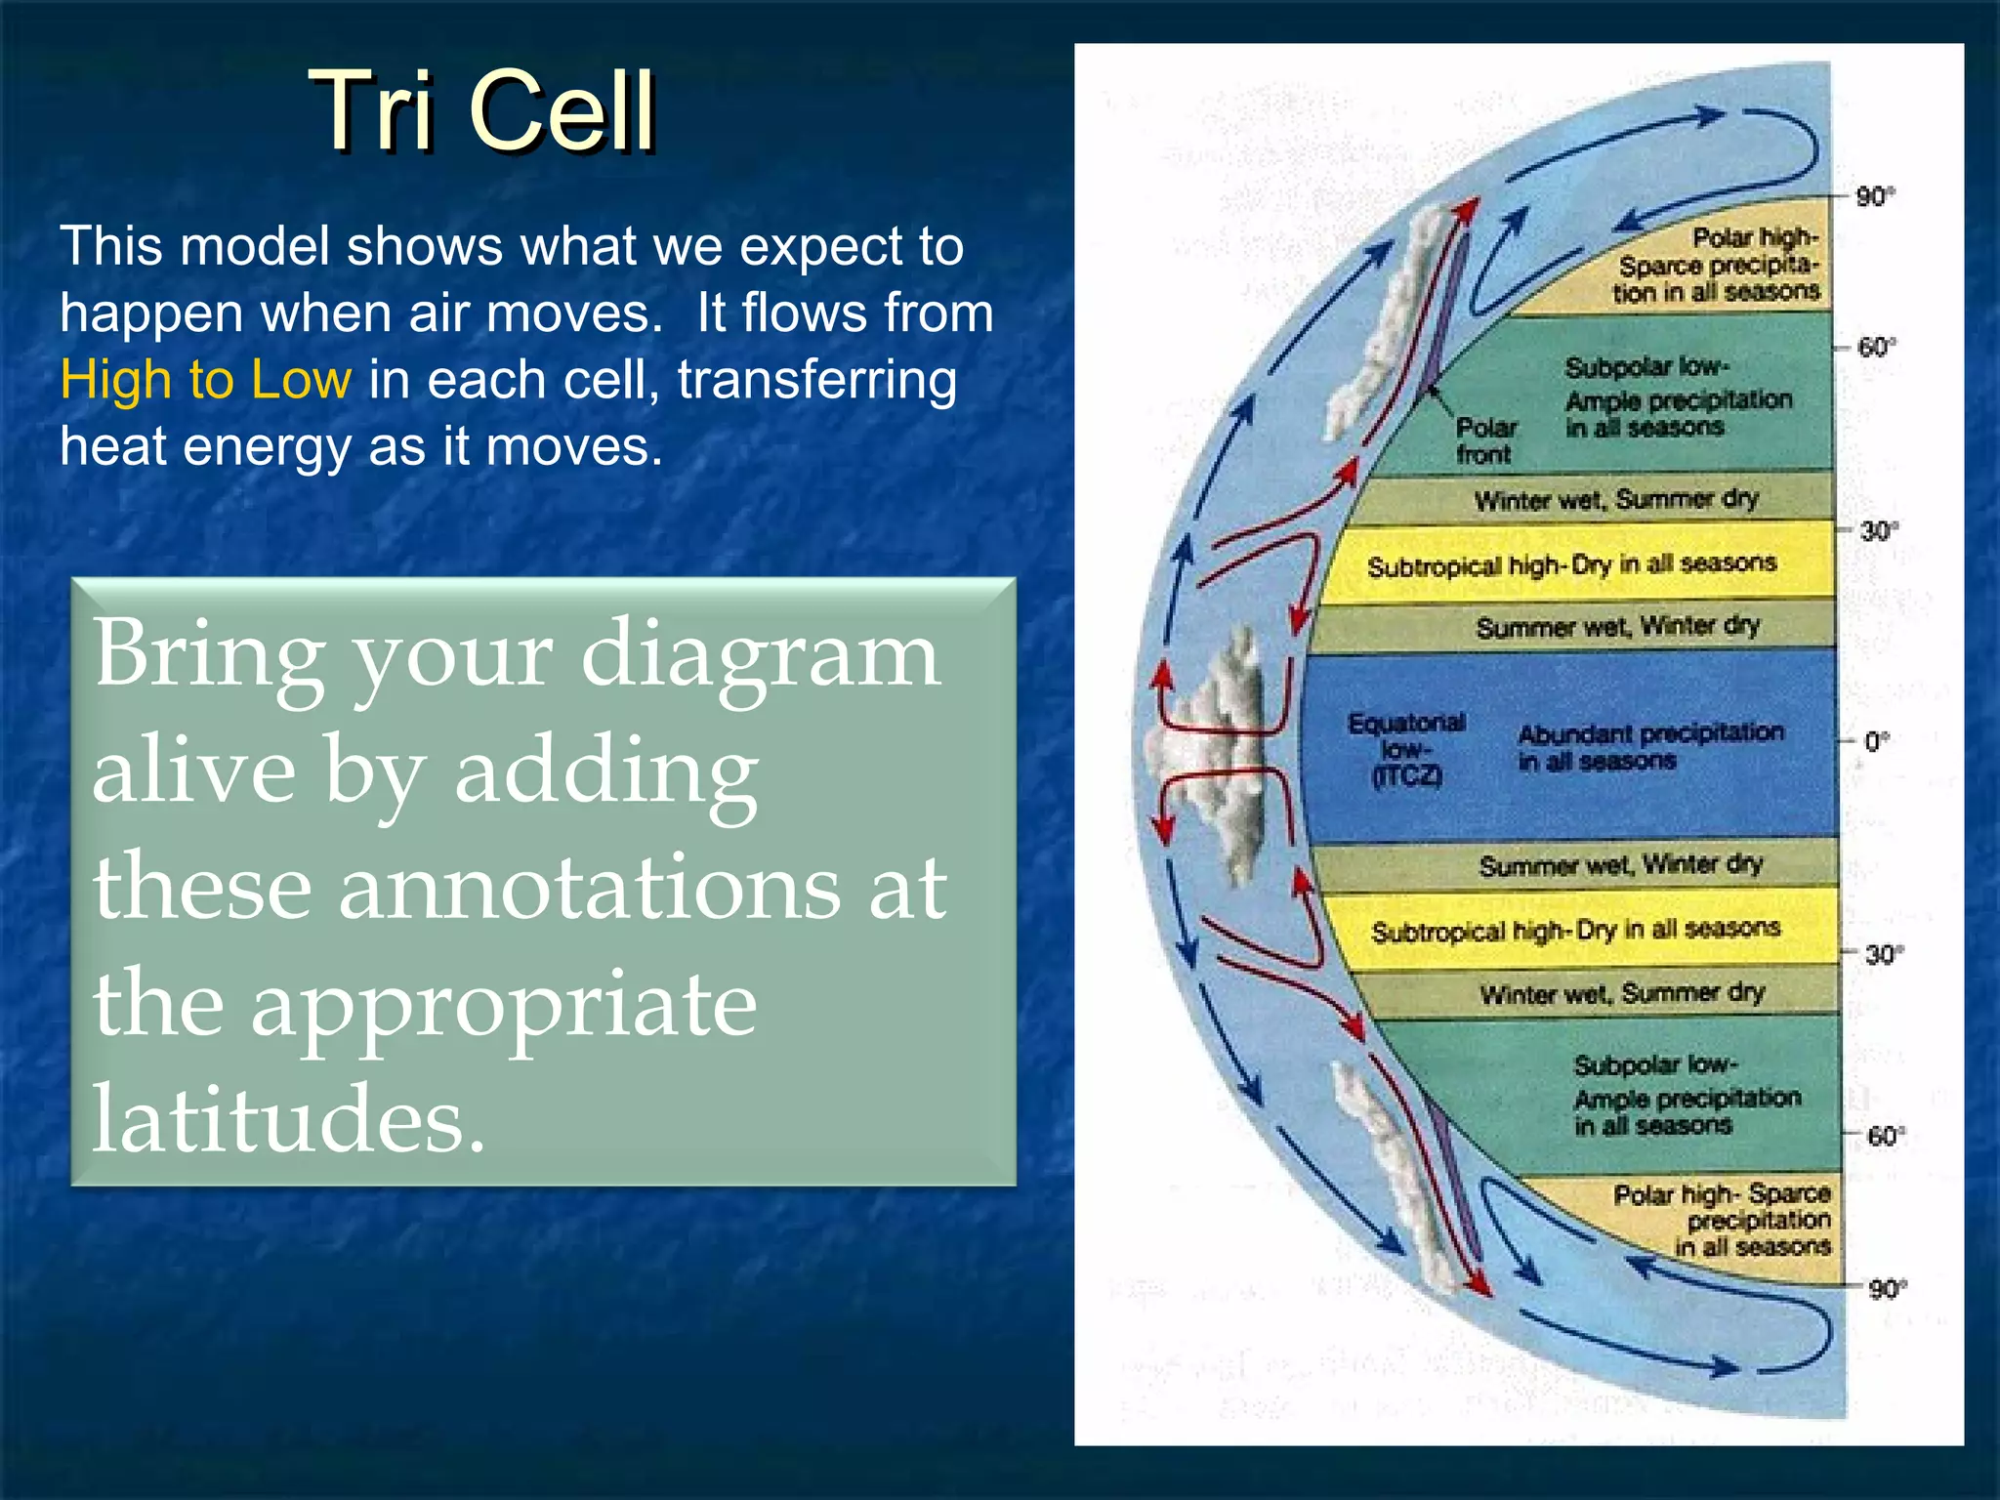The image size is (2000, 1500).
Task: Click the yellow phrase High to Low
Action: pyautogui.click(x=205, y=379)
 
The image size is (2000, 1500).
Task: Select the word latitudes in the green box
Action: pyautogui.click(x=288, y=1118)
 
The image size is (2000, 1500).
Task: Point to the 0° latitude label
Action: pyautogui.click(x=1876, y=741)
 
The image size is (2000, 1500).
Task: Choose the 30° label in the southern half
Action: pyautogui.click(x=1880, y=954)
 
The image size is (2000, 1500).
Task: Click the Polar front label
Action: pyautogui.click(x=1484, y=440)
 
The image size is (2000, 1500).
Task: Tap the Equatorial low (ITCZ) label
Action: pyautogui.click(x=1406, y=749)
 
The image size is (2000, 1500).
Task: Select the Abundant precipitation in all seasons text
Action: pyautogui.click(x=1649, y=746)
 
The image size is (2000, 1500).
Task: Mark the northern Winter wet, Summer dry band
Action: pyautogui.click(x=1615, y=500)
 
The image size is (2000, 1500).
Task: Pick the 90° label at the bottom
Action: pyautogui.click(x=1886, y=1289)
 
